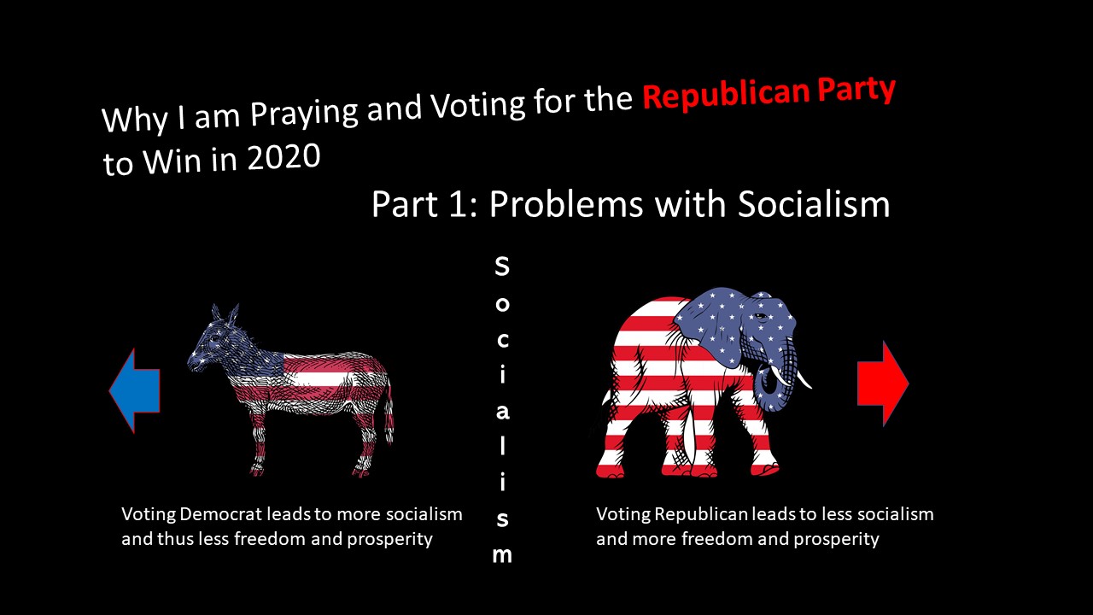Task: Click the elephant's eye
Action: tap(756, 317)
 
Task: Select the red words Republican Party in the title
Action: tap(769, 92)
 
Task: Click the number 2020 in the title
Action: tap(283, 157)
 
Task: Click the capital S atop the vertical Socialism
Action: tap(502, 266)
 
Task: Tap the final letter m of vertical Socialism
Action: tap(502, 554)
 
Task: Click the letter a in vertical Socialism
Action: tap(502, 411)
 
